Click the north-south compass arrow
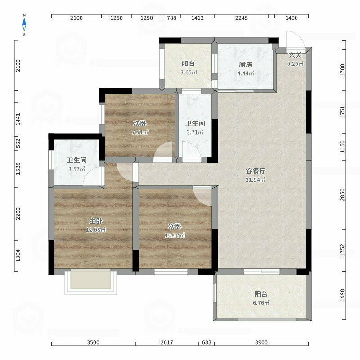coord(24,25)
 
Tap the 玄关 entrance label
coord(295,55)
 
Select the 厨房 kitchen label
coord(245,64)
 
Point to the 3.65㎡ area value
coord(189,72)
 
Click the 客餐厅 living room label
coord(256,171)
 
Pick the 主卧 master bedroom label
coord(96,221)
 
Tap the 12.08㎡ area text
coord(96,229)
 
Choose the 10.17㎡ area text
coord(175,235)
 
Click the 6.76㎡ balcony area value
coord(261,303)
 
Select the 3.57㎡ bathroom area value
coord(76,169)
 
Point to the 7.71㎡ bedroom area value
coord(140,132)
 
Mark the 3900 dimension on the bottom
coord(261,342)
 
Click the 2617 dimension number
coord(167,342)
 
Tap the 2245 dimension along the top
coord(242,18)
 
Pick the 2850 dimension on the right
coord(342,195)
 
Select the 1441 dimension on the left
coord(18,119)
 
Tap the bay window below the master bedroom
coord(91,282)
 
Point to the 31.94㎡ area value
coord(256,180)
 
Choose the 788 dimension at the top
coord(171,18)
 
